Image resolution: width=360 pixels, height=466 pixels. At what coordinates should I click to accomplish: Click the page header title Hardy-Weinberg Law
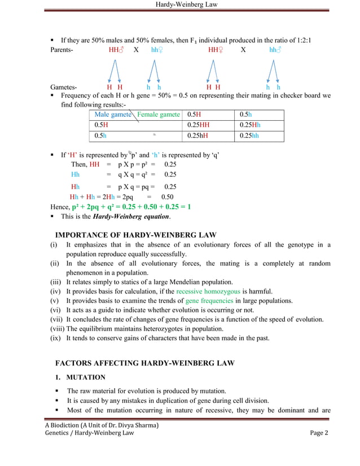point(179,5)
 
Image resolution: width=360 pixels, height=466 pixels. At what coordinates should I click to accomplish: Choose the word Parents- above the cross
point(64,50)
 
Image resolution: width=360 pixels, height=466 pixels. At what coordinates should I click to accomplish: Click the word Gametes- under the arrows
point(64,87)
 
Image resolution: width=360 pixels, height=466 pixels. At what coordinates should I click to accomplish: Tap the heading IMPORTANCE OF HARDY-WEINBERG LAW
point(136,235)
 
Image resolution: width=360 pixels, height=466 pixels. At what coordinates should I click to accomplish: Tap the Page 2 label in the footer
point(319,433)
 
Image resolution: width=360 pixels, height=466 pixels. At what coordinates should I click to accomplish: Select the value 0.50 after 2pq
point(168,197)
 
